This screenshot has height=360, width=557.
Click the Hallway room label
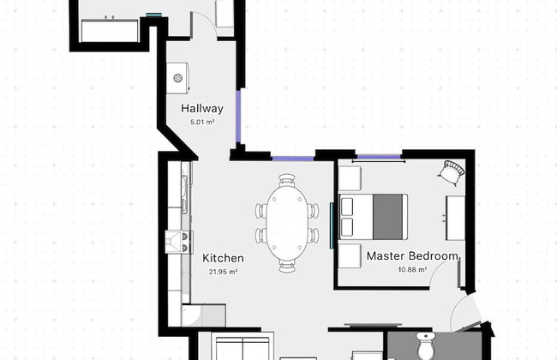click(x=202, y=109)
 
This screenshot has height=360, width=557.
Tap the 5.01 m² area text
click(x=202, y=123)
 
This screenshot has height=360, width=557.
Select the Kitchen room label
click(x=223, y=258)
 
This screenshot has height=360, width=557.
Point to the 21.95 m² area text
click(x=223, y=272)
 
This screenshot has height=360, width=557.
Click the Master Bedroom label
click(x=412, y=256)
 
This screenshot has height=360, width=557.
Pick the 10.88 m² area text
click(x=412, y=269)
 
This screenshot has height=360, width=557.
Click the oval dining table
click(x=287, y=223)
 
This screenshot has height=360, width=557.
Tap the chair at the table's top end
click(x=287, y=180)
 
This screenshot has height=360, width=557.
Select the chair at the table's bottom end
click(x=287, y=267)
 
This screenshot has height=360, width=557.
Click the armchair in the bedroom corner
click(x=452, y=172)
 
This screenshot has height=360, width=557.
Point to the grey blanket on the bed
click(x=387, y=217)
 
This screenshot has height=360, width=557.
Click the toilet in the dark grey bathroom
click(x=426, y=345)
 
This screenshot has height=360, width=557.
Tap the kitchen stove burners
click(x=186, y=242)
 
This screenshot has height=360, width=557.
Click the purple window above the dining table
click(x=293, y=159)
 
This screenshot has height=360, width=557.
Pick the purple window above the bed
click(x=379, y=156)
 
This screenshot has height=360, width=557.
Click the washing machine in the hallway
click(x=177, y=78)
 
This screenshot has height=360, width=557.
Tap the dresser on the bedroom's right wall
click(x=456, y=218)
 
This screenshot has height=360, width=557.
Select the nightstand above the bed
click(x=350, y=178)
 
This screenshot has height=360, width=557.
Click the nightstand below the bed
click(x=350, y=256)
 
